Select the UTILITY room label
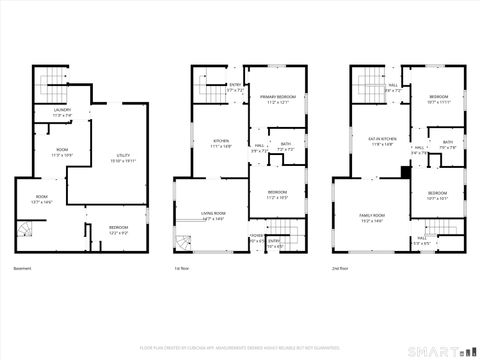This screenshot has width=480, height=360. (x=124, y=156)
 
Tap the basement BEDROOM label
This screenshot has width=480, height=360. (x=117, y=227)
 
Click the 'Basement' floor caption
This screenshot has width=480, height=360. (x=23, y=269)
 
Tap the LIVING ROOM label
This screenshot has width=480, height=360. (x=213, y=213)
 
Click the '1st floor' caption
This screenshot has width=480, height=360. (x=181, y=269)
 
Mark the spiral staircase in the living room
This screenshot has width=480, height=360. (x=183, y=243)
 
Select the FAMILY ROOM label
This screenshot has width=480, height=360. (x=373, y=216)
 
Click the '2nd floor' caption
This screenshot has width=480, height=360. (x=341, y=269)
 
